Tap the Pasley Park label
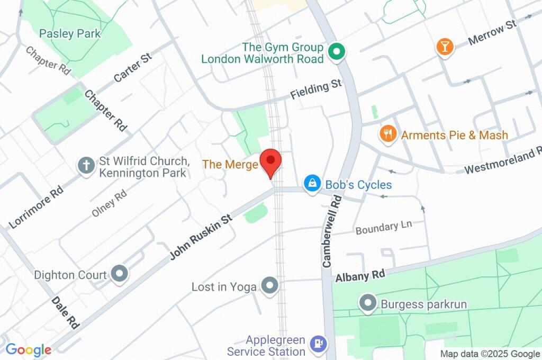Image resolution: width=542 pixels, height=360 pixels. tap(70, 33)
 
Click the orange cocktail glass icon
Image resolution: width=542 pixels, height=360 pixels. tap(445, 46)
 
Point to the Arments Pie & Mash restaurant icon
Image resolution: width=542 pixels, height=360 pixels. tap(389, 134)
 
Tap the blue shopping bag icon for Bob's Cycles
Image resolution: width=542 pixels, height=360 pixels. tap(312, 184)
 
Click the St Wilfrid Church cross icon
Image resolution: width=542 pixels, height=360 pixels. tap(85, 166)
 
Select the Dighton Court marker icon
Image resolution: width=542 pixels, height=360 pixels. tap(120, 274)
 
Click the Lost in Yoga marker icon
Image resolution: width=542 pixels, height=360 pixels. tap(270, 286)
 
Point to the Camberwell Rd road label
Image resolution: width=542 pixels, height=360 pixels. tap(332, 230)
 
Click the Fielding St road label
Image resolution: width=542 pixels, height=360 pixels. tap(316, 89)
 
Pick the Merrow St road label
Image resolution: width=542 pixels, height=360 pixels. tap(492, 33)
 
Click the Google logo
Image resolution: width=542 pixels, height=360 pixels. tap(28, 349)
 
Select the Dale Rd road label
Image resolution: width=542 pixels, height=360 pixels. tap(65, 312)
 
